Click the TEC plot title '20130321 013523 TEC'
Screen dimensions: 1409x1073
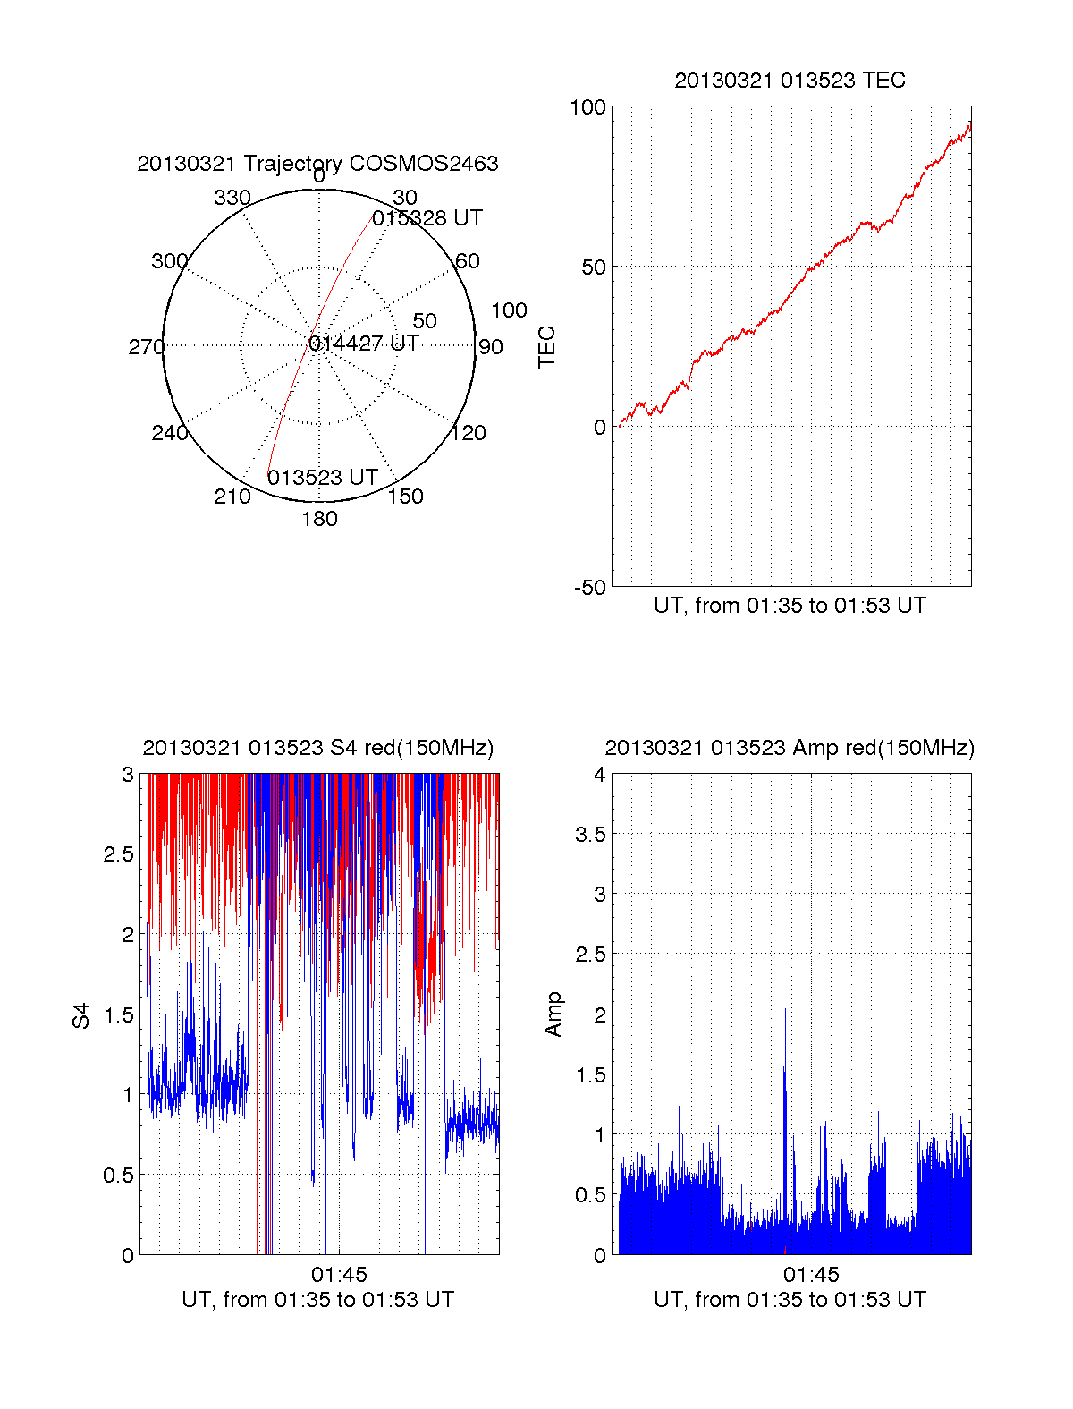click(x=790, y=81)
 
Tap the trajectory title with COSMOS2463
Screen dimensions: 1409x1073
click(x=317, y=164)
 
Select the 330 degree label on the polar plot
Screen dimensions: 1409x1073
click(x=232, y=198)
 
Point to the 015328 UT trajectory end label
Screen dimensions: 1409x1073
click(x=427, y=218)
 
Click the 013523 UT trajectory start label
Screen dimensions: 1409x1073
click(x=323, y=478)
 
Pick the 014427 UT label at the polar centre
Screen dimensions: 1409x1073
click(x=364, y=344)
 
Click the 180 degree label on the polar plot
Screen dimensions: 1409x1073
click(x=319, y=519)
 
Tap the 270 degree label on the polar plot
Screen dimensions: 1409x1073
click(x=146, y=347)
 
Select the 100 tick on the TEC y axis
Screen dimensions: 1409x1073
click(x=587, y=107)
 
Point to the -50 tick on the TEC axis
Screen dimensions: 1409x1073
click(x=589, y=588)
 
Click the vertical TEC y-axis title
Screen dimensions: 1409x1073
click(x=546, y=347)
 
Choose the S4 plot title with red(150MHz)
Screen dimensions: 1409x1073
click(x=317, y=748)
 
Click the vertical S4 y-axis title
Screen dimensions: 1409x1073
click(x=81, y=1015)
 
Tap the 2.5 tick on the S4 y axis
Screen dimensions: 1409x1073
click(x=118, y=854)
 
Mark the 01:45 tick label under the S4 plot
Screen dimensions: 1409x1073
click(x=339, y=1275)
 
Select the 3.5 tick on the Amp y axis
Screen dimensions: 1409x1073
click(x=590, y=835)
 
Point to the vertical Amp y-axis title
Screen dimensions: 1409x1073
click(x=553, y=1014)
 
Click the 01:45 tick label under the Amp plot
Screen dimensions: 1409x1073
click(x=811, y=1275)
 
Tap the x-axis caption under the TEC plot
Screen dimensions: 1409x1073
click(x=790, y=606)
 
